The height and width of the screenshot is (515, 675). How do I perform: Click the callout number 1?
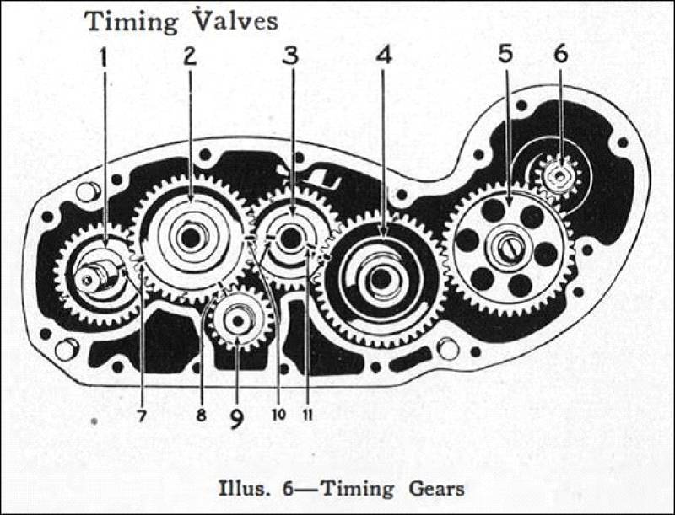[103, 58]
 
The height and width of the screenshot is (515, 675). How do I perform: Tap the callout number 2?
[191, 56]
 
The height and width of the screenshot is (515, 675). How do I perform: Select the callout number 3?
[291, 56]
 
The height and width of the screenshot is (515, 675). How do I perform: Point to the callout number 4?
[384, 55]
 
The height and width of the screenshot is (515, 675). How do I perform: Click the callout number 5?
[505, 54]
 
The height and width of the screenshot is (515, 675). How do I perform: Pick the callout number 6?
[560, 54]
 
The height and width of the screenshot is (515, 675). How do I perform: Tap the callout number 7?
[142, 416]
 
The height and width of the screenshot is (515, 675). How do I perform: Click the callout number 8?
[201, 416]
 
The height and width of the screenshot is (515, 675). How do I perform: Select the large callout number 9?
[236, 418]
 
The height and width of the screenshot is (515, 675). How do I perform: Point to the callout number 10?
[278, 415]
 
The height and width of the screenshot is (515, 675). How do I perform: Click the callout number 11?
[307, 415]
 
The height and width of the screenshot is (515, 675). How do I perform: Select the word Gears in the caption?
[436, 489]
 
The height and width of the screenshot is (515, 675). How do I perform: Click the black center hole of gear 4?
[381, 280]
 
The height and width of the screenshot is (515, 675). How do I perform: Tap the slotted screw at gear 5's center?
[510, 248]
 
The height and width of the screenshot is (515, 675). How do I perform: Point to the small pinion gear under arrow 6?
[559, 176]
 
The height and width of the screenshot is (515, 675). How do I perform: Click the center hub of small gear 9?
[237, 321]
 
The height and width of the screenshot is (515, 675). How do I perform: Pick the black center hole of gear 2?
[191, 238]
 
